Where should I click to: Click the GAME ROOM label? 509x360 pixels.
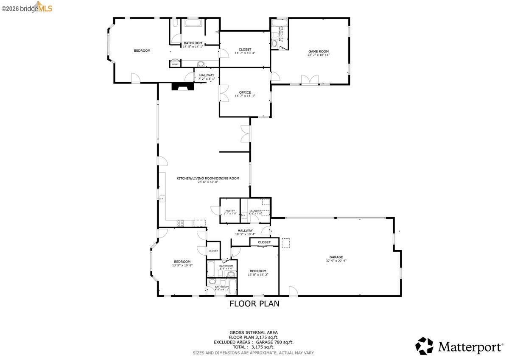(318, 51)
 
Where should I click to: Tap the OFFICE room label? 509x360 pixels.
(245, 92)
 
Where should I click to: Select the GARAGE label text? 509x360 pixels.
(336, 257)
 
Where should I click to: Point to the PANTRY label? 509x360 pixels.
(230, 211)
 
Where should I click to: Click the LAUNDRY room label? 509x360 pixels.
(255, 211)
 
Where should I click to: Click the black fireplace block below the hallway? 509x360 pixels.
(182, 86)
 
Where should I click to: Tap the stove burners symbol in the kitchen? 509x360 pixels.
(180, 223)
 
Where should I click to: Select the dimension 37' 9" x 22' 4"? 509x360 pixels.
(336, 261)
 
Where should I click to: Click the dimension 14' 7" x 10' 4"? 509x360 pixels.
(245, 53)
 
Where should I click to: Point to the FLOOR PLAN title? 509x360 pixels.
(254, 304)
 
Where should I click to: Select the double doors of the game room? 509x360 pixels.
(310, 80)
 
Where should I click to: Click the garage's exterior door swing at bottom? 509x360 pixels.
(293, 291)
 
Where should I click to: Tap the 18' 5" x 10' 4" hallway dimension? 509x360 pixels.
(245, 234)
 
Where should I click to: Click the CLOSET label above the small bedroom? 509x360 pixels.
(264, 242)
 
